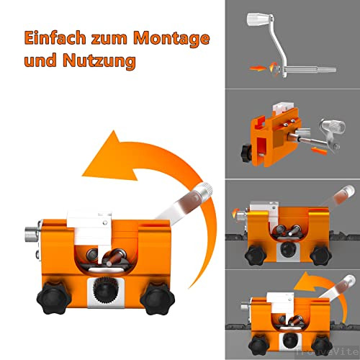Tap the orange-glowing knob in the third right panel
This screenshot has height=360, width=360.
(x=235, y=215)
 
